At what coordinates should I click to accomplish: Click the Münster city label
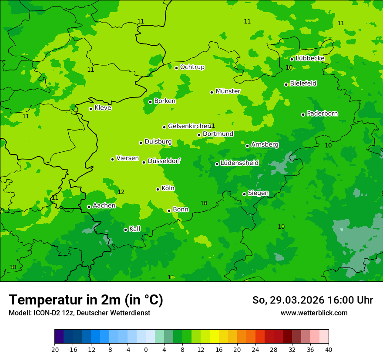coord(228,91)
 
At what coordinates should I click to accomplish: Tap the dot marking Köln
coord(158,189)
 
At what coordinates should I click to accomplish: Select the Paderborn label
coord(322,114)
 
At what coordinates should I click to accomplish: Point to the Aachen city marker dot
coord(89,207)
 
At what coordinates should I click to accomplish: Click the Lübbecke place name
coord(310,58)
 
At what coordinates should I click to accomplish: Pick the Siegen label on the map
coord(258,193)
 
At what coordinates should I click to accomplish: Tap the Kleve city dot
coord(91,109)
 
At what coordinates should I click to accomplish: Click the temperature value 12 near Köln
coord(121,192)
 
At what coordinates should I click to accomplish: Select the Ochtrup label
coord(192,67)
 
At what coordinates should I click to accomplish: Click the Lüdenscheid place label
coord(239,163)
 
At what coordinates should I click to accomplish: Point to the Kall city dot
coord(125,230)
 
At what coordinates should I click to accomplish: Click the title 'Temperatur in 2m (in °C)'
coord(86,300)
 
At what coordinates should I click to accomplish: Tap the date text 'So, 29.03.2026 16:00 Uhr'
coord(312,300)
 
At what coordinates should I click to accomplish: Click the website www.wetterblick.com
coord(314,313)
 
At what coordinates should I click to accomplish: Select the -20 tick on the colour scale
coord(54,349)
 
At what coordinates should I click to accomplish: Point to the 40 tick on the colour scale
coord(328,349)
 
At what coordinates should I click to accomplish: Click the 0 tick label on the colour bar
coord(146,349)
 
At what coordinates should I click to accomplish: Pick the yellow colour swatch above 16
coord(214,337)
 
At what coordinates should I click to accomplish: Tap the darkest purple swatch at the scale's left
coord(59,337)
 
